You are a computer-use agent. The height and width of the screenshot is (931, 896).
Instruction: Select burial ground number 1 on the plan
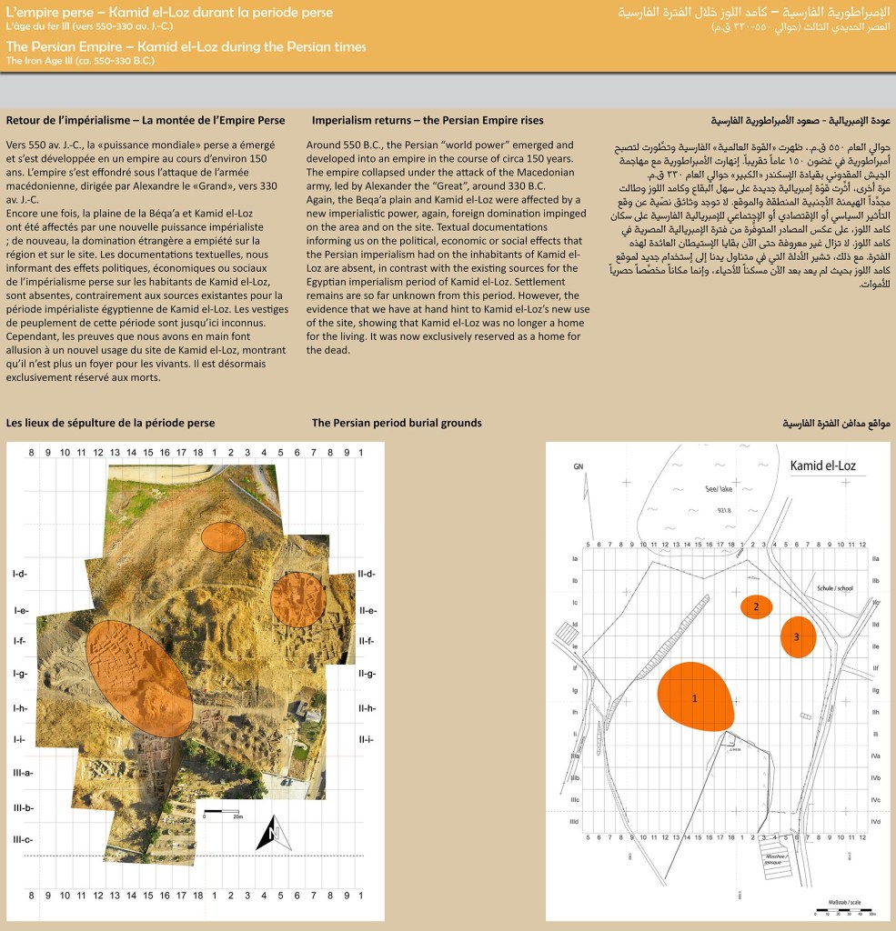pos(695,697)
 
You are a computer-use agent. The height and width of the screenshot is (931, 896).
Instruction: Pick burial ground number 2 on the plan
pos(756,606)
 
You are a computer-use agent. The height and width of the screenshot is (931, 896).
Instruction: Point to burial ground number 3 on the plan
pos(797,637)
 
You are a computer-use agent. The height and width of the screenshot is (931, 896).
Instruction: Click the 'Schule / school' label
pos(835,588)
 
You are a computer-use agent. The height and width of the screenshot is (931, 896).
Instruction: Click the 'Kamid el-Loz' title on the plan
pos(829,466)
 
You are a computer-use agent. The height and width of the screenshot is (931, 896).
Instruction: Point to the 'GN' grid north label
pos(577,466)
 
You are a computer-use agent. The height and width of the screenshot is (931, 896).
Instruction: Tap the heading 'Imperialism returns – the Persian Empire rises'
pos(427,121)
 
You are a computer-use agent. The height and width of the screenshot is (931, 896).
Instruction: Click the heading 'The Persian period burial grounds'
pos(396,423)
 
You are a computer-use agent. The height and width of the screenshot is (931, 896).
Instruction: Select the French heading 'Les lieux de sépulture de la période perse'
pos(110,423)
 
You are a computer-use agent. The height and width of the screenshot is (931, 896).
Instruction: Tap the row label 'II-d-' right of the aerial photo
pos(367,574)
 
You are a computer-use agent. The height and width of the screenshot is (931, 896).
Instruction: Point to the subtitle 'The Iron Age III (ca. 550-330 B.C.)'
pos(80,61)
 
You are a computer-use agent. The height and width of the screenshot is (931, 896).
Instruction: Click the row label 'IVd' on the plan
pos(875,822)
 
